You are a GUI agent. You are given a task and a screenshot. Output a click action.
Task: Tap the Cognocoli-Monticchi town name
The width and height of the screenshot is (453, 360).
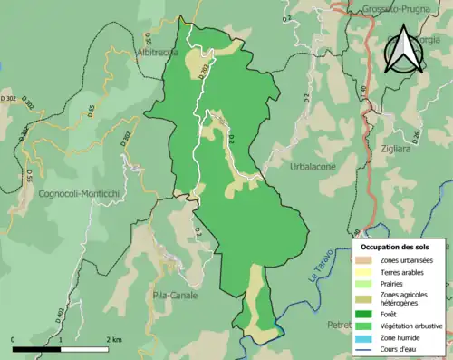tap(81, 193)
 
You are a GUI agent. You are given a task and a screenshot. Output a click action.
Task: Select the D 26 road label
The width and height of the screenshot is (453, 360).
tap(416, 135)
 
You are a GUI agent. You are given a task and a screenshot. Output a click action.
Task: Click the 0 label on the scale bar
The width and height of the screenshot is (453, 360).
tap(13, 340)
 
